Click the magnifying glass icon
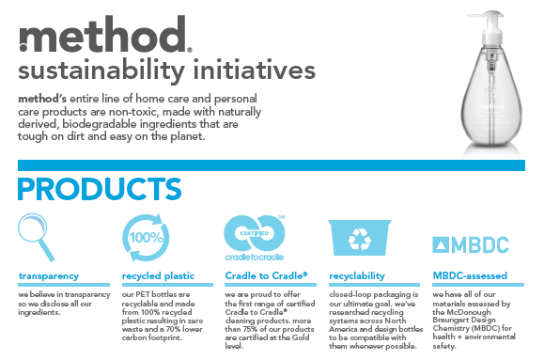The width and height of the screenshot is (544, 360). tap(40, 236)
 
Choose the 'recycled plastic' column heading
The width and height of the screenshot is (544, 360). tap(158, 276)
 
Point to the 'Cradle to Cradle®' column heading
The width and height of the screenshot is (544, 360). tap(266, 276)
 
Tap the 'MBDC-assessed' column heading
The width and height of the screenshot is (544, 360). tap(469, 276)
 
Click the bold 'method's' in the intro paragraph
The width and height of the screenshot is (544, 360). tap(45, 99)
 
